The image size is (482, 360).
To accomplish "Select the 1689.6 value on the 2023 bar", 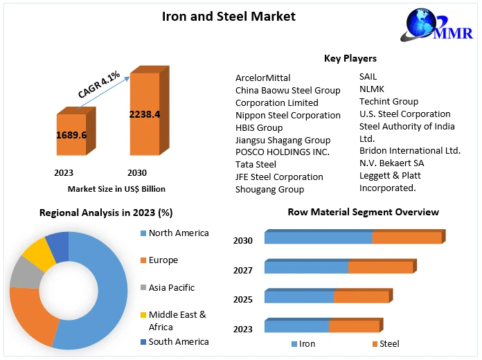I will [x=71, y=134].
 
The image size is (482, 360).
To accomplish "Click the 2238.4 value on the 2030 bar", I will [x=145, y=114].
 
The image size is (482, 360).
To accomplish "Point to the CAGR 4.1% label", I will [x=99, y=84].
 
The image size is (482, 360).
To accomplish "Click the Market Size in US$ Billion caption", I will [x=116, y=188].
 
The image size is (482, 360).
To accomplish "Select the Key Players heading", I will [x=350, y=58].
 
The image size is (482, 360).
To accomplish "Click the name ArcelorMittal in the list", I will [x=263, y=78].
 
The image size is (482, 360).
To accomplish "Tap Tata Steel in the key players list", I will [x=256, y=164].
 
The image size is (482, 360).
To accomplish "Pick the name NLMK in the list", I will [x=372, y=89].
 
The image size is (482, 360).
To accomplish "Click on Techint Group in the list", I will [x=389, y=101].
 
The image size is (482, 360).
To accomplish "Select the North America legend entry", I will [x=178, y=233].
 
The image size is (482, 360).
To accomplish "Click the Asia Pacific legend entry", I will [x=172, y=287].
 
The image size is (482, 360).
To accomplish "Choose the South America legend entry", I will [x=178, y=341].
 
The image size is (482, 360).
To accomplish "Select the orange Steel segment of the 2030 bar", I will [x=407, y=238].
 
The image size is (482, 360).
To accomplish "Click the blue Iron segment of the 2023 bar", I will [x=296, y=326].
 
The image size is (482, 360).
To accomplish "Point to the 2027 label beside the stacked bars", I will [x=243, y=270].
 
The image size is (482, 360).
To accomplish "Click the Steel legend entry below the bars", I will [x=389, y=343].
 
